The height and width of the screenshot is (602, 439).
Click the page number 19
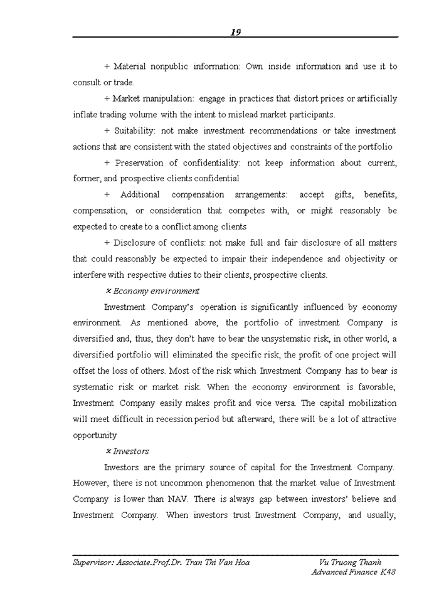(x=236, y=32)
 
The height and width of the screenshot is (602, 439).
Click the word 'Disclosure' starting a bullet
(x=136, y=243)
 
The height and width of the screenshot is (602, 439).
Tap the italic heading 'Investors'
(x=131, y=451)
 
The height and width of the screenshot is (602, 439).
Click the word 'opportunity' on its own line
(x=95, y=435)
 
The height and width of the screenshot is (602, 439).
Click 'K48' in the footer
(x=388, y=572)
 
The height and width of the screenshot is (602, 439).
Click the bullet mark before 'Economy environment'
(x=108, y=291)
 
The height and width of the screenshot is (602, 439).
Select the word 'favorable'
(x=374, y=387)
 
